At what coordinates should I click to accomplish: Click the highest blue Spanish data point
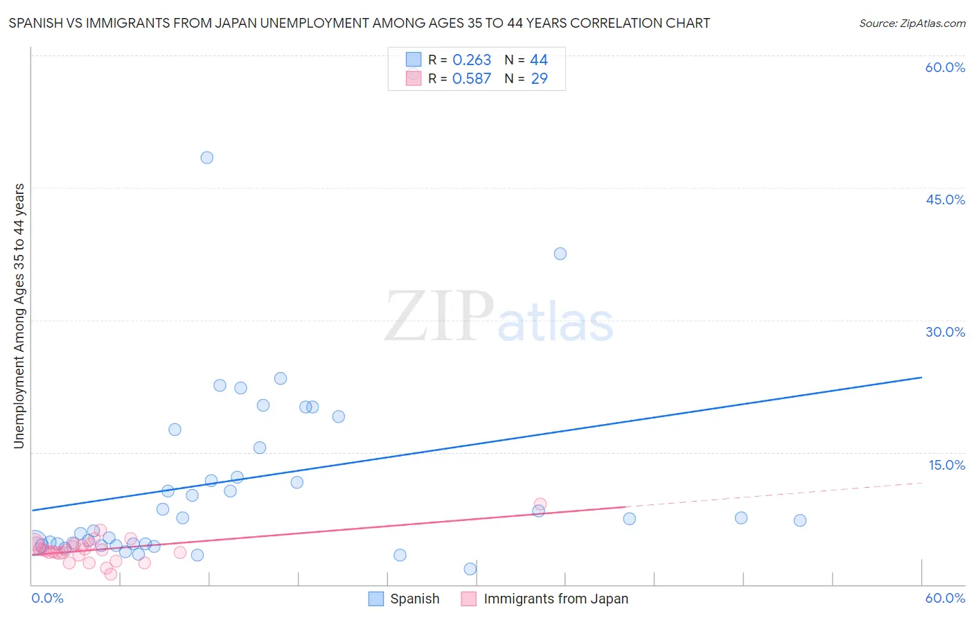[206, 157]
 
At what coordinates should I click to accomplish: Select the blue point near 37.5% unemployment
[560, 254]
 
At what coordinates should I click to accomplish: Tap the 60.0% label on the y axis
[945, 67]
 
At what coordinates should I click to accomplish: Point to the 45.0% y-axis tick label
[945, 200]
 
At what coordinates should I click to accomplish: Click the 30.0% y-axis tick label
[945, 332]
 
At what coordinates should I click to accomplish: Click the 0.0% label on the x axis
[48, 598]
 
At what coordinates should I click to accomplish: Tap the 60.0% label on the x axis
[945, 598]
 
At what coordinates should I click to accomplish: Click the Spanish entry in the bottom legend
[414, 599]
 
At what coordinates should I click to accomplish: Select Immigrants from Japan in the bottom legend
[556, 599]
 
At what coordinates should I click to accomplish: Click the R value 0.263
[472, 60]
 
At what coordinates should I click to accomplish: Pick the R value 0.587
[472, 79]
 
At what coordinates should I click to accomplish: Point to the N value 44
[539, 60]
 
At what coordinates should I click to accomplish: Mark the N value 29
[539, 79]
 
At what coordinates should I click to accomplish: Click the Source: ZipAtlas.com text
[912, 24]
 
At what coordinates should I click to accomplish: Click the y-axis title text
[19, 316]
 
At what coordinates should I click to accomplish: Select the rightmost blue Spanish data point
[799, 520]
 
